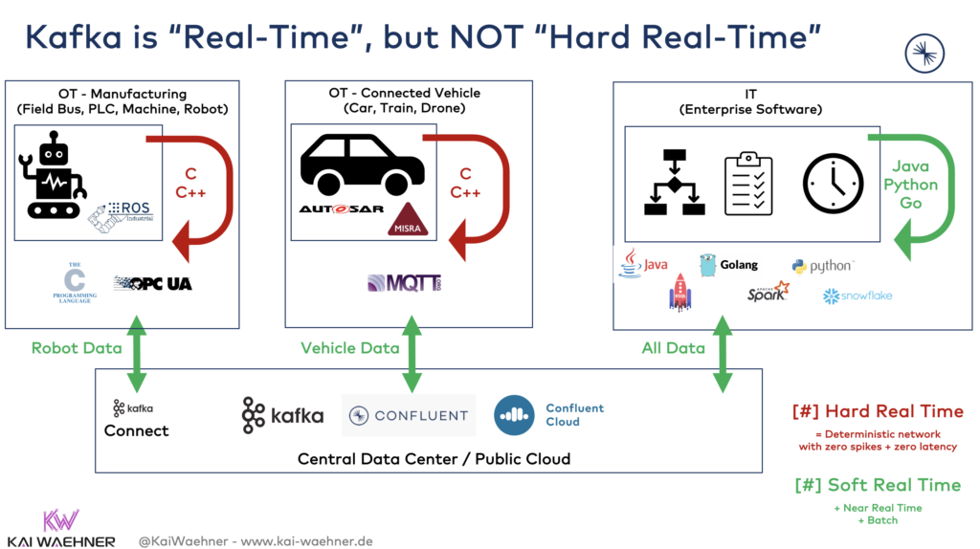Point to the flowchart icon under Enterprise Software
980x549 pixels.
(673, 183)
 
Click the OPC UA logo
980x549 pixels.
(153, 283)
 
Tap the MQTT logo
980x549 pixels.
(404, 283)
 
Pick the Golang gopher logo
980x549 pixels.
(728, 265)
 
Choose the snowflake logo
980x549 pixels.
(857, 296)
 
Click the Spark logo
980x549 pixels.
(768, 292)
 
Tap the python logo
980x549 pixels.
(822, 266)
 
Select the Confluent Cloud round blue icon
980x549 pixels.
(514, 414)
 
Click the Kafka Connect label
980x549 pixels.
(136, 420)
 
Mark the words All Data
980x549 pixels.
(673, 348)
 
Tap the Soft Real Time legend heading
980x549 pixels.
(877, 485)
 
